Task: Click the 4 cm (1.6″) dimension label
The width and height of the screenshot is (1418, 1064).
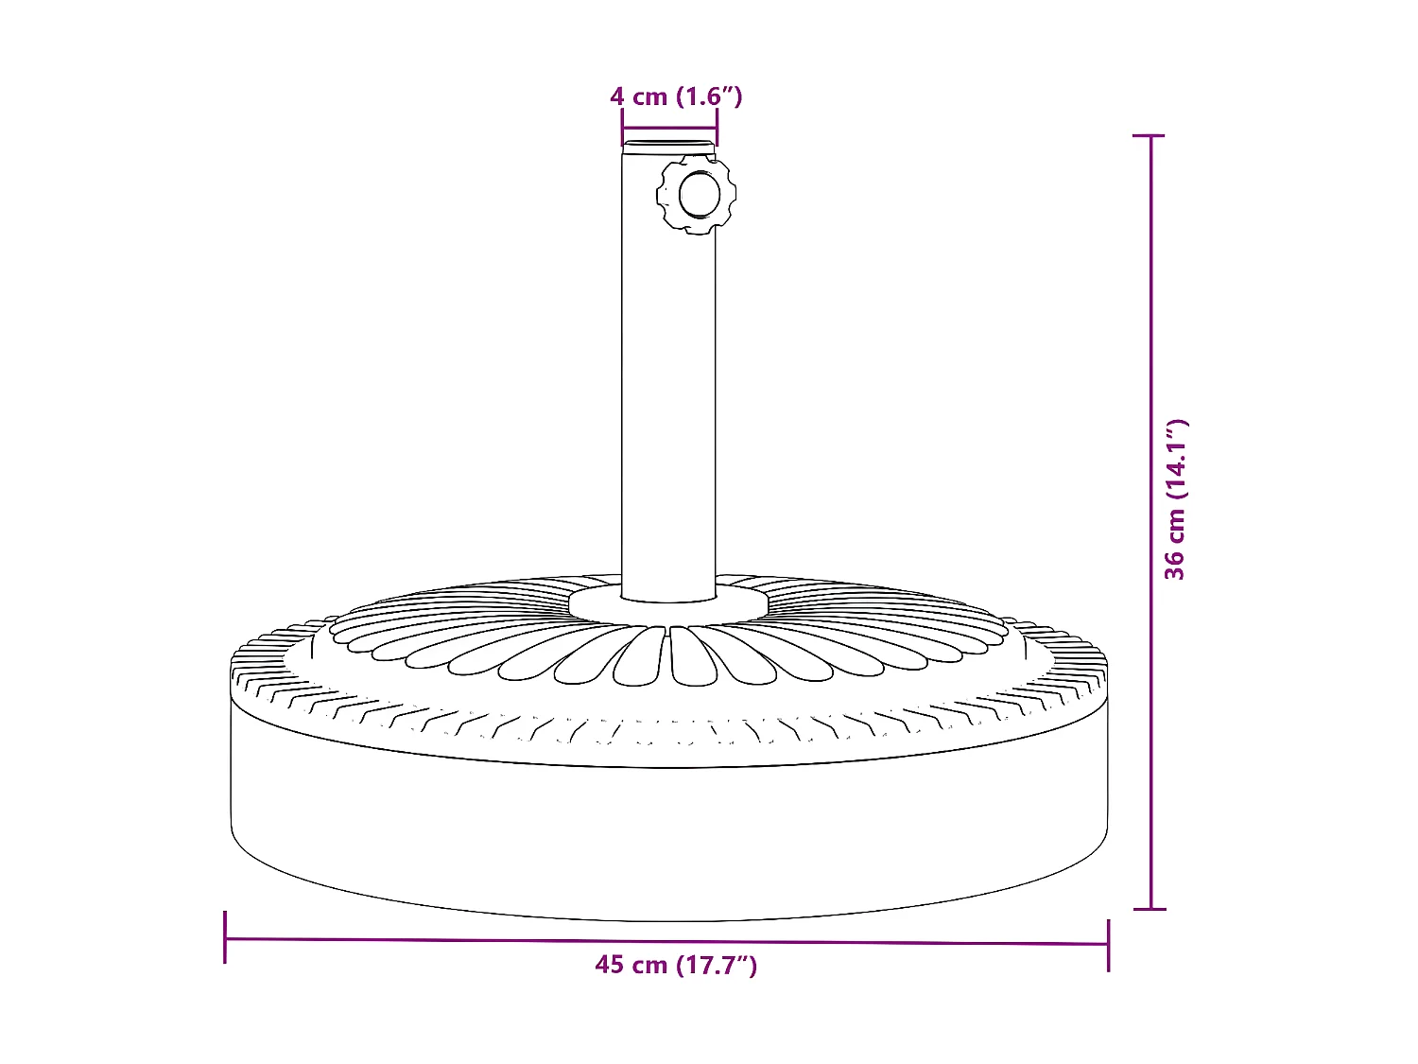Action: [x=676, y=96]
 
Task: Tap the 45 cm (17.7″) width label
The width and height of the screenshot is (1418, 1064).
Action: [x=676, y=965]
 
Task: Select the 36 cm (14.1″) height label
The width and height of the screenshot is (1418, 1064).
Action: [x=1175, y=498]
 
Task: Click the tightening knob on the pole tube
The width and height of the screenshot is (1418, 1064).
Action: [x=697, y=196]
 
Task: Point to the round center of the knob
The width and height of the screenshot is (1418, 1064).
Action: [x=700, y=195]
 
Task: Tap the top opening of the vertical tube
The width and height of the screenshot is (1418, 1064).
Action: [x=668, y=145]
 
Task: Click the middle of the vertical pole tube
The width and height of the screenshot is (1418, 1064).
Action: [x=668, y=378]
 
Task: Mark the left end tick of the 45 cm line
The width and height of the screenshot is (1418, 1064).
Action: [x=225, y=937]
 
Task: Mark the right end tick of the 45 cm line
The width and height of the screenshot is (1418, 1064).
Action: [x=1108, y=944]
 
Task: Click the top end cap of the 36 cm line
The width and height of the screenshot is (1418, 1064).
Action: [x=1150, y=136]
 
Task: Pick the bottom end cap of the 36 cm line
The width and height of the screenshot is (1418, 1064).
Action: [x=1150, y=909]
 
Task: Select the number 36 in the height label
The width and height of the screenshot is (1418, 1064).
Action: [x=1175, y=565]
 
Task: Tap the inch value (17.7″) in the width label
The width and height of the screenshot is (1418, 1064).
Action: [x=716, y=965]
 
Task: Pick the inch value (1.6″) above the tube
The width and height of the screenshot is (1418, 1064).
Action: [x=710, y=96]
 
